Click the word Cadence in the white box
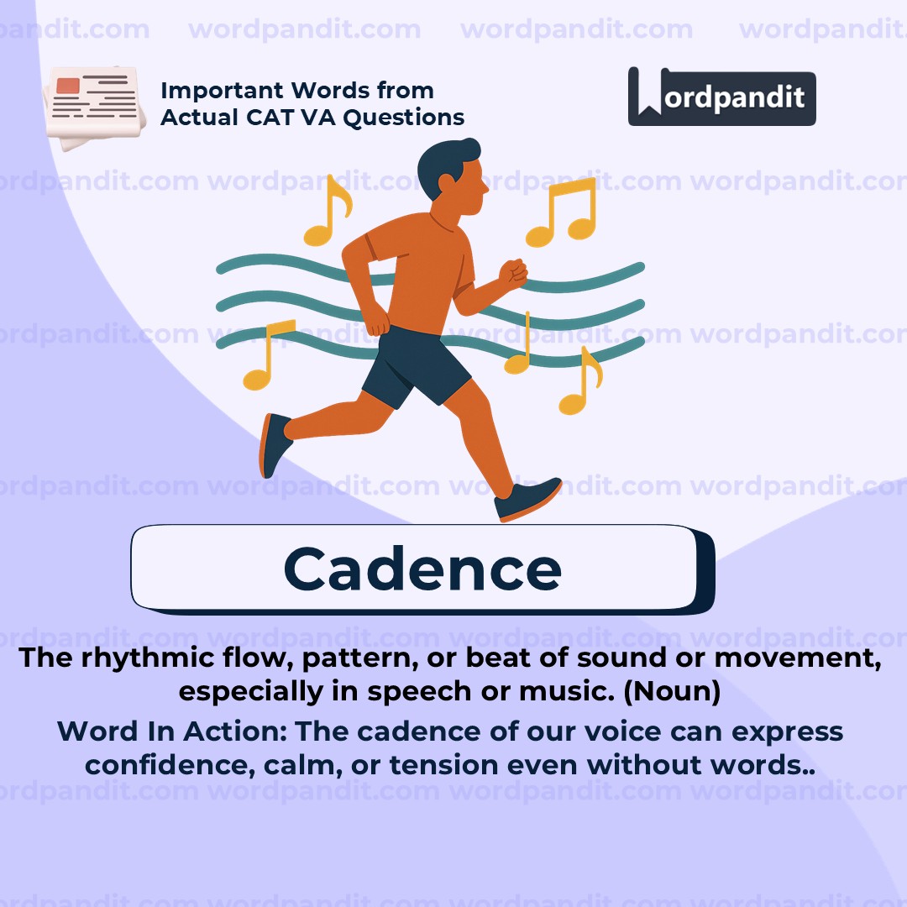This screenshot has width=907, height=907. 422,569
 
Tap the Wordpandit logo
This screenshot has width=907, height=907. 722,97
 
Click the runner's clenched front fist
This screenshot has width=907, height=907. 513,273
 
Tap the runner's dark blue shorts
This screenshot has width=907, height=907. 417,365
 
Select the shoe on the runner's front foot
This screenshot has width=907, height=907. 527,499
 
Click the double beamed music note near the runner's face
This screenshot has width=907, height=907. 561,212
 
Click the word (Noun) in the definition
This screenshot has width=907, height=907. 672,691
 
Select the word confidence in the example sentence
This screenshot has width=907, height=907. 170,765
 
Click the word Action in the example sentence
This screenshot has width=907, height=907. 235,731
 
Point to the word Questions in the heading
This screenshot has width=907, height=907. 404,118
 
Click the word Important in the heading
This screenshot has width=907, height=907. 223,91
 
